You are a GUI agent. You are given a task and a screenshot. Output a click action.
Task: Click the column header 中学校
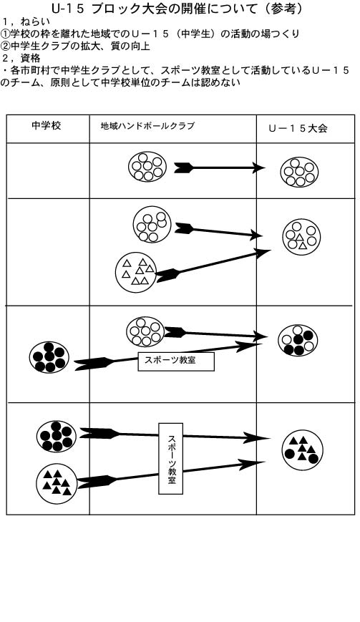click(x=46, y=126)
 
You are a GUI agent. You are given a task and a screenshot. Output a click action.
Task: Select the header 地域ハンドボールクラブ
click(x=147, y=126)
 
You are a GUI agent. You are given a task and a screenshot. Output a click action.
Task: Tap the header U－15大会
click(x=298, y=129)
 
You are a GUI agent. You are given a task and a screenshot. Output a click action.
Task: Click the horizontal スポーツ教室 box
click(x=176, y=361)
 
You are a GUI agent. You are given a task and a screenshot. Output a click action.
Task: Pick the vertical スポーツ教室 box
click(x=171, y=458)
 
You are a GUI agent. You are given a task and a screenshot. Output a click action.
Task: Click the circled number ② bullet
click(x=5, y=46)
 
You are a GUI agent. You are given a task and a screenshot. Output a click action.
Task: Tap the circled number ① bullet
click(x=5, y=34)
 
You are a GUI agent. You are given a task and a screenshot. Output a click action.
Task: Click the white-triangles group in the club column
click(x=136, y=272)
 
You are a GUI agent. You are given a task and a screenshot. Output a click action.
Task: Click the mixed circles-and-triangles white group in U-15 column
click(x=301, y=236)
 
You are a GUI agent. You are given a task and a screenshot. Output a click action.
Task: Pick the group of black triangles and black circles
click(x=303, y=450)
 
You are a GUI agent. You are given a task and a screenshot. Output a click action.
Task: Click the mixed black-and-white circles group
click(x=298, y=340)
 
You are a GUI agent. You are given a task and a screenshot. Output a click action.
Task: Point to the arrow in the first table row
click(x=220, y=167)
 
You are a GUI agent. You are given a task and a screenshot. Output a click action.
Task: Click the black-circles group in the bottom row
click(x=57, y=437)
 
